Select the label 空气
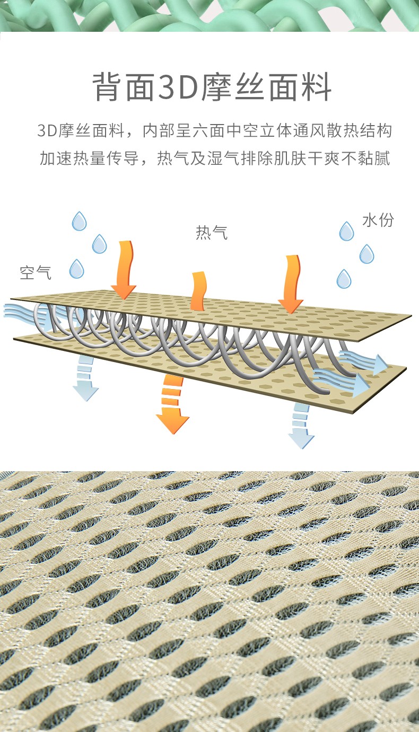pyautogui.click(x=36, y=272)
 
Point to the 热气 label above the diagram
pyautogui.click(x=212, y=232)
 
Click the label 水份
pyautogui.click(x=378, y=220)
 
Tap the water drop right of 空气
pyautogui.click(x=77, y=269)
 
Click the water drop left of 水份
pyautogui.click(x=346, y=231)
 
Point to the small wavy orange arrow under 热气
pyautogui.click(x=198, y=291)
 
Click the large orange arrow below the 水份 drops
pyautogui.click(x=291, y=284)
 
